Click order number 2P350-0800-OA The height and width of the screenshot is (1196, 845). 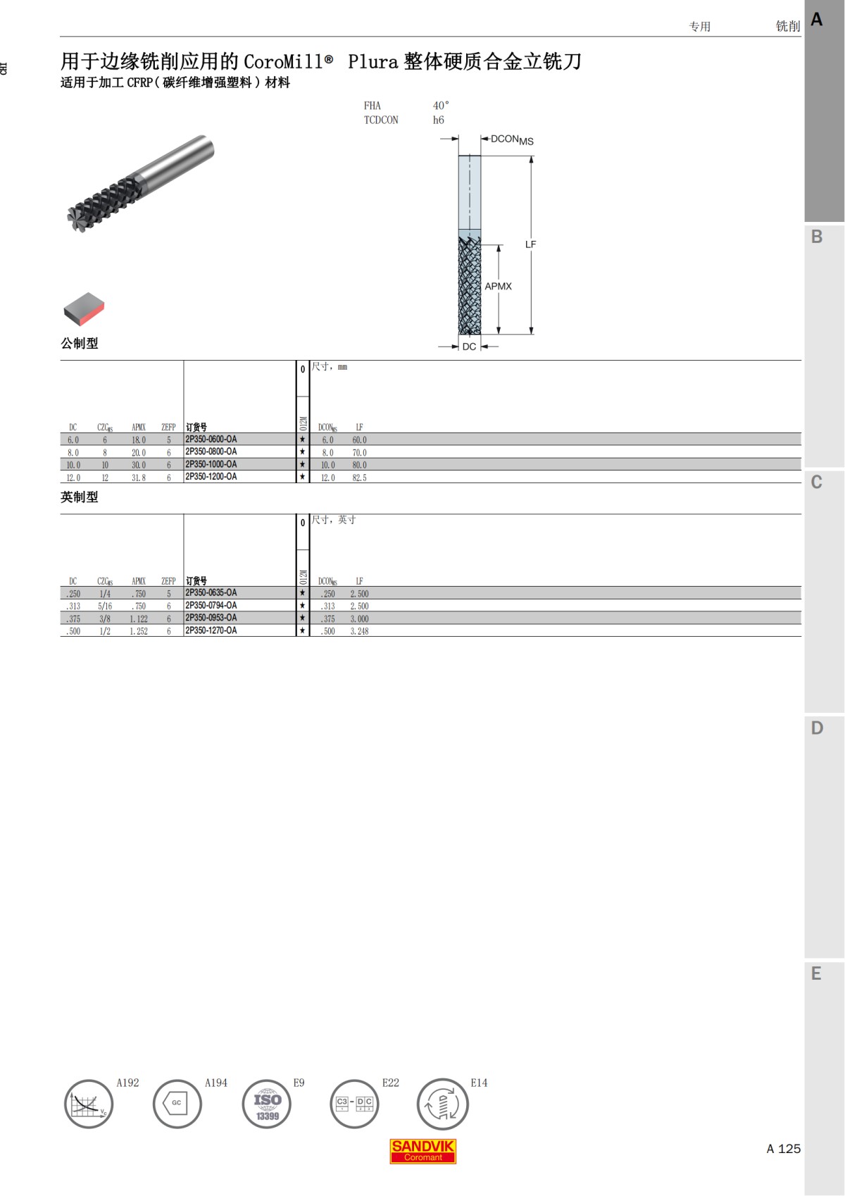tap(211, 452)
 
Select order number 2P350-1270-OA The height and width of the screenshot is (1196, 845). tap(211, 631)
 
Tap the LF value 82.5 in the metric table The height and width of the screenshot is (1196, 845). tap(359, 478)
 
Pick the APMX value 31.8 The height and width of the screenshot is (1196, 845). tap(139, 478)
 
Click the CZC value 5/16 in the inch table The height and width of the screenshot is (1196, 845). tap(105, 606)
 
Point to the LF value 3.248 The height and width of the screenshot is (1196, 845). tap(359, 631)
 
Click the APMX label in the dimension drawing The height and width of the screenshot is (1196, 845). tap(498, 286)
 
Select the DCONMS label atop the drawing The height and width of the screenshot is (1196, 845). tap(512, 139)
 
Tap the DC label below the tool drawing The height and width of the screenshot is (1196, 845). tap(469, 347)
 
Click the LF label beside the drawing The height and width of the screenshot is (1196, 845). tap(530, 244)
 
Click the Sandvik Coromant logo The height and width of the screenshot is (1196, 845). tap(423, 1151)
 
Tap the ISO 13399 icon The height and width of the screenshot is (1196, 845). tap(267, 1104)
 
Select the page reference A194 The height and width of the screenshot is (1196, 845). tap(215, 1083)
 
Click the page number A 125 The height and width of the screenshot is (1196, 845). tap(783, 1149)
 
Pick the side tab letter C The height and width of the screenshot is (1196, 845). tap(817, 482)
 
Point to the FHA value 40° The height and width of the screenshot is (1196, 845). tap(441, 106)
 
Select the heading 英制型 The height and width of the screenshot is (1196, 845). tap(80, 497)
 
